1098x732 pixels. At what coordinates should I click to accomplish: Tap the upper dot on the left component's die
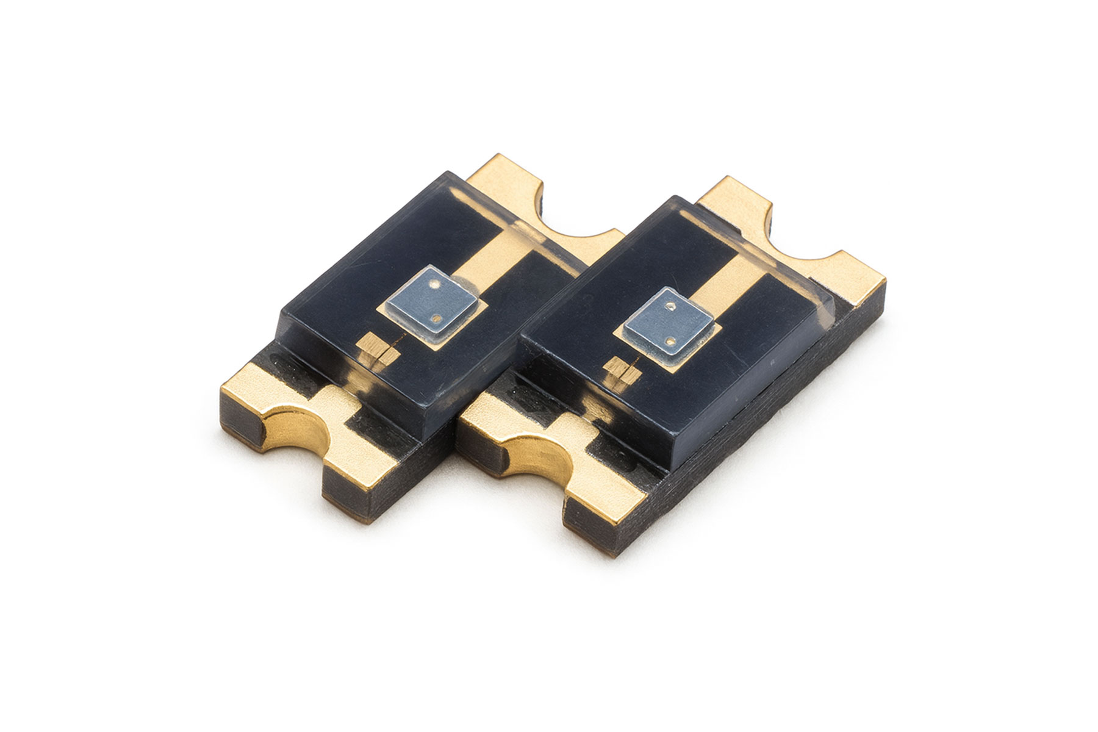click(x=434, y=284)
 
